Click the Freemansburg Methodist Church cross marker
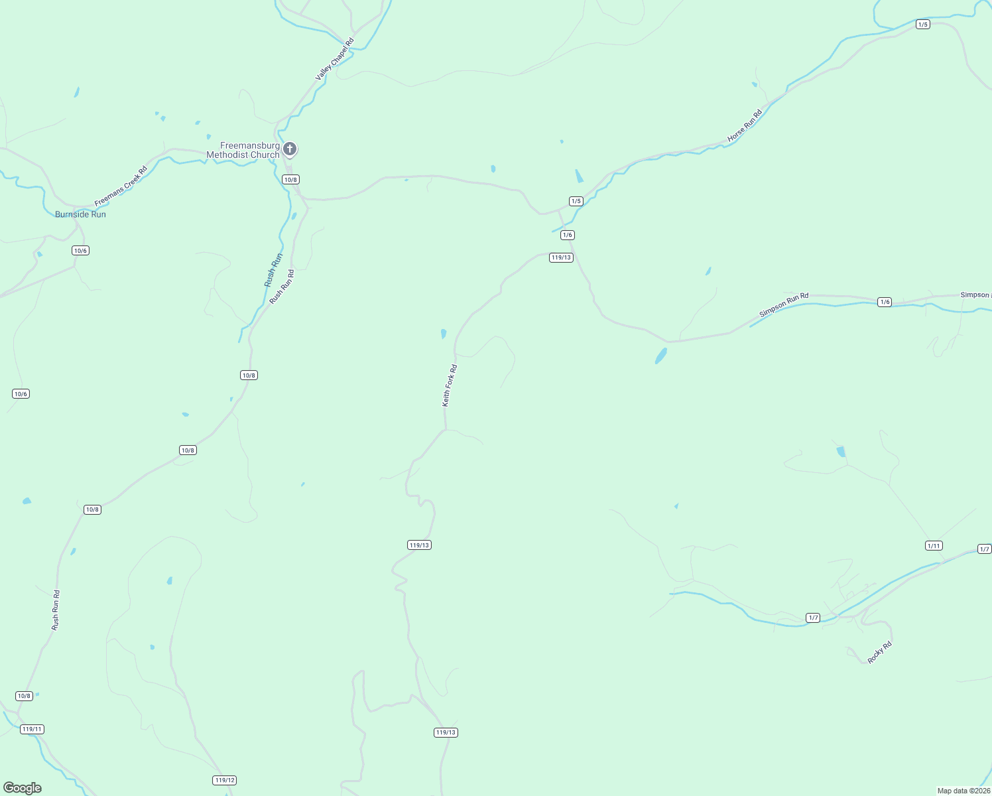pyautogui.click(x=290, y=149)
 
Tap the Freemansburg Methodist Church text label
pyautogui.click(x=243, y=151)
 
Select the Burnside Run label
pyautogui.click(x=80, y=214)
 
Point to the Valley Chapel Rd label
pyautogui.click(x=335, y=60)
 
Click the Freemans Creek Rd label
pyautogui.click(x=121, y=186)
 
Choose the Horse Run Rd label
pyautogui.click(x=745, y=126)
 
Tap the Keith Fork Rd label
pyautogui.click(x=450, y=385)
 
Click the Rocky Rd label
pyautogui.click(x=880, y=652)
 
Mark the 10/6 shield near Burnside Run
pyautogui.click(x=80, y=251)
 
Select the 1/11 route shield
pyautogui.click(x=934, y=546)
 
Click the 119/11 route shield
pyautogui.click(x=32, y=729)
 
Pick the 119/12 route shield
pyautogui.click(x=225, y=780)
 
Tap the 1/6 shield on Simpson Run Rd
pyautogui.click(x=885, y=302)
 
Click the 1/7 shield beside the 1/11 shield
pyautogui.click(x=985, y=549)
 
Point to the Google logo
pyautogui.click(x=23, y=788)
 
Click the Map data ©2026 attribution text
pyautogui.click(x=963, y=791)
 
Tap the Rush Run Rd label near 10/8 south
pyautogui.click(x=56, y=610)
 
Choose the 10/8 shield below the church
pyautogui.click(x=290, y=180)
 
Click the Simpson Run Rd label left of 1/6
pyautogui.click(x=784, y=304)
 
